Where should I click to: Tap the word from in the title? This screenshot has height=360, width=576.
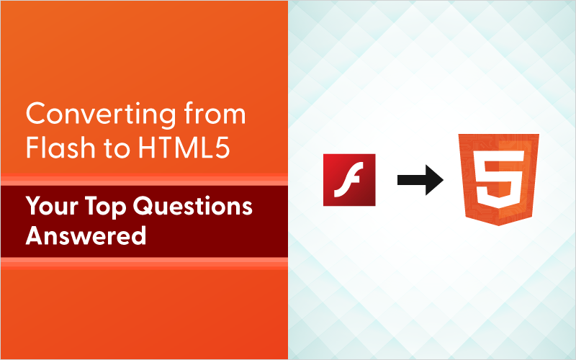tap(217, 116)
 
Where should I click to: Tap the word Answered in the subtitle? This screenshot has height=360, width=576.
tap(86, 235)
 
